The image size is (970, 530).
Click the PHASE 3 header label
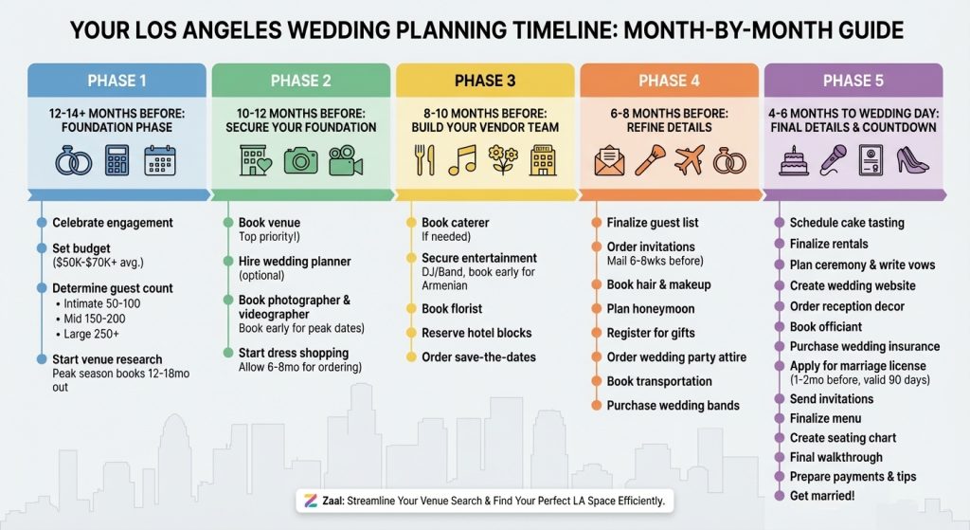click(x=485, y=81)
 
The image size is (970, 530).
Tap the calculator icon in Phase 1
click(x=117, y=160)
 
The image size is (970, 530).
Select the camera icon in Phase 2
click(x=300, y=160)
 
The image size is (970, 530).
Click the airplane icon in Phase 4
click(x=690, y=161)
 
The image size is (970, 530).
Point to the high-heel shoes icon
click(x=912, y=160)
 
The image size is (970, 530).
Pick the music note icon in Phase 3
click(x=463, y=160)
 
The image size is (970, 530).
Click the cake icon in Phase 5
click(x=794, y=161)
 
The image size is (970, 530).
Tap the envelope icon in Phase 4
click(x=609, y=161)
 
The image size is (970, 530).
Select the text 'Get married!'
click(x=822, y=496)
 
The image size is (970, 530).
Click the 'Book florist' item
click(x=452, y=308)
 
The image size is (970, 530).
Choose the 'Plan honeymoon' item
click(x=651, y=308)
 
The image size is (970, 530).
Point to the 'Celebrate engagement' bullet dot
click(x=42, y=222)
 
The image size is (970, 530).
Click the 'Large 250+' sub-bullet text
click(x=92, y=334)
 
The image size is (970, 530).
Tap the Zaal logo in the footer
click(x=311, y=501)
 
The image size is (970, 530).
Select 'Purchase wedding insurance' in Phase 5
click(x=865, y=346)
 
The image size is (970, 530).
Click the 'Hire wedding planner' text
click(x=295, y=262)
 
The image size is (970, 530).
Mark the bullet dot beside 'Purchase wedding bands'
click(x=597, y=406)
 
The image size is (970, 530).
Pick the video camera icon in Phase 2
click(x=346, y=160)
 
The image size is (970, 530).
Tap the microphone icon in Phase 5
click(x=834, y=160)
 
